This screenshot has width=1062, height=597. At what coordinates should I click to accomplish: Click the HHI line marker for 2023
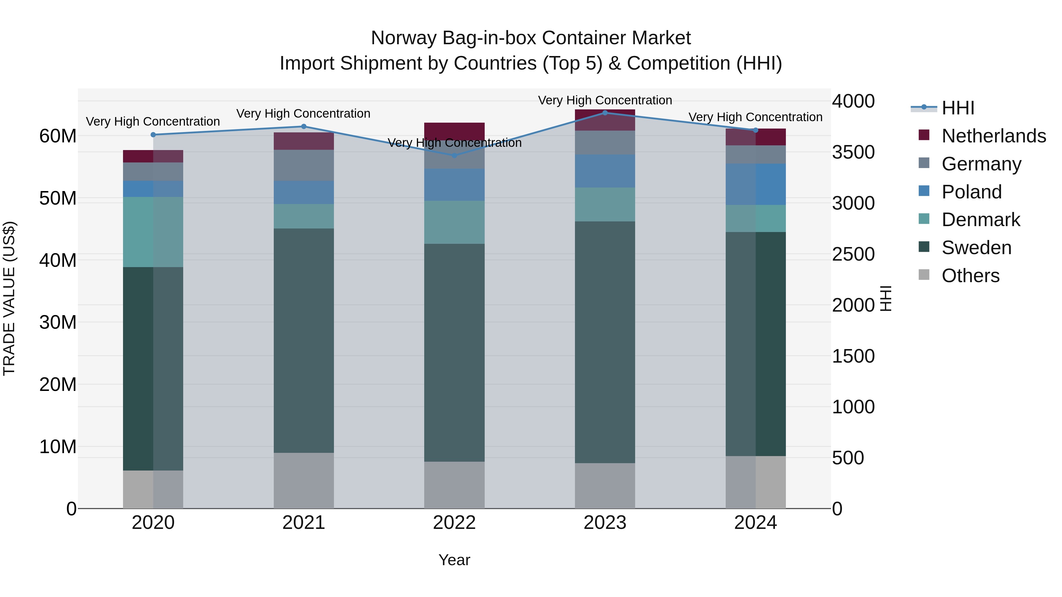(x=605, y=113)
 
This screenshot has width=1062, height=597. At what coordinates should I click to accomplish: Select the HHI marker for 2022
(x=454, y=155)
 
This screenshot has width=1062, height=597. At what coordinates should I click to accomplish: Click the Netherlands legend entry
(x=994, y=136)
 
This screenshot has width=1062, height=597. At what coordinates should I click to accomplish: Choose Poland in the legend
(x=971, y=192)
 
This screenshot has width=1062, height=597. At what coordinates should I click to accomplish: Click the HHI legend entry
(x=958, y=108)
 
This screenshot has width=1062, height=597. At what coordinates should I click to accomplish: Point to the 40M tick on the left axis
(x=58, y=260)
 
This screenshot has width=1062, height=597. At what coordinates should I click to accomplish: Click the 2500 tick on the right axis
(x=853, y=254)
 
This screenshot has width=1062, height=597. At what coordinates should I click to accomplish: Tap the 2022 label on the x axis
(x=454, y=523)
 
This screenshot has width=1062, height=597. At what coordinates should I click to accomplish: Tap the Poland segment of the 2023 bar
(x=605, y=171)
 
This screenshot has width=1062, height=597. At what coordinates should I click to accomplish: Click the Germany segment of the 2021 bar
(x=304, y=165)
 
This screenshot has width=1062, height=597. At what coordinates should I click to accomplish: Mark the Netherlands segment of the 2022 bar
(x=454, y=129)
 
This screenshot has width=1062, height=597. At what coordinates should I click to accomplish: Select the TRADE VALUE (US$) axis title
(x=9, y=298)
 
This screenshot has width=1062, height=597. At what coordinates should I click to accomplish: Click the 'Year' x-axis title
(x=454, y=560)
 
